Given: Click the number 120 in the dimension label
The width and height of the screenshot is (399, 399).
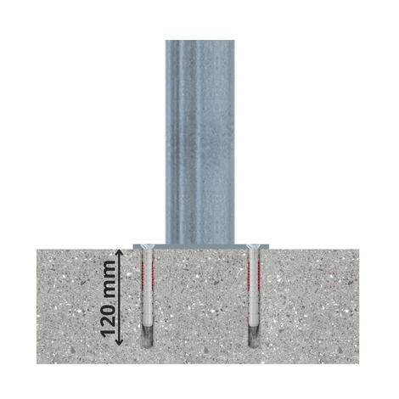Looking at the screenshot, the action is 109,320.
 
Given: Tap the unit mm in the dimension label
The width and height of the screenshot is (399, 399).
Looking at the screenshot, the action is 109,279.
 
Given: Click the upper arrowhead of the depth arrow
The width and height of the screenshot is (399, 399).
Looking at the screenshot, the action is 120,253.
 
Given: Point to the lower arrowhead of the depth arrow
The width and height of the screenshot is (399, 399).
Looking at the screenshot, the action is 120,341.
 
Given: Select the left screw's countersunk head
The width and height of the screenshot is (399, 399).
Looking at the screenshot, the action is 147,247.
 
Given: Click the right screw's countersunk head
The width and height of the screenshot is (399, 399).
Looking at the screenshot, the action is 253,247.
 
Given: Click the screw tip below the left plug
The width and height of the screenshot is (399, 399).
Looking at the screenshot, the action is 147,331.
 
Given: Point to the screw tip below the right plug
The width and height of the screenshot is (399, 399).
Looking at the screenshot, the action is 253,331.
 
